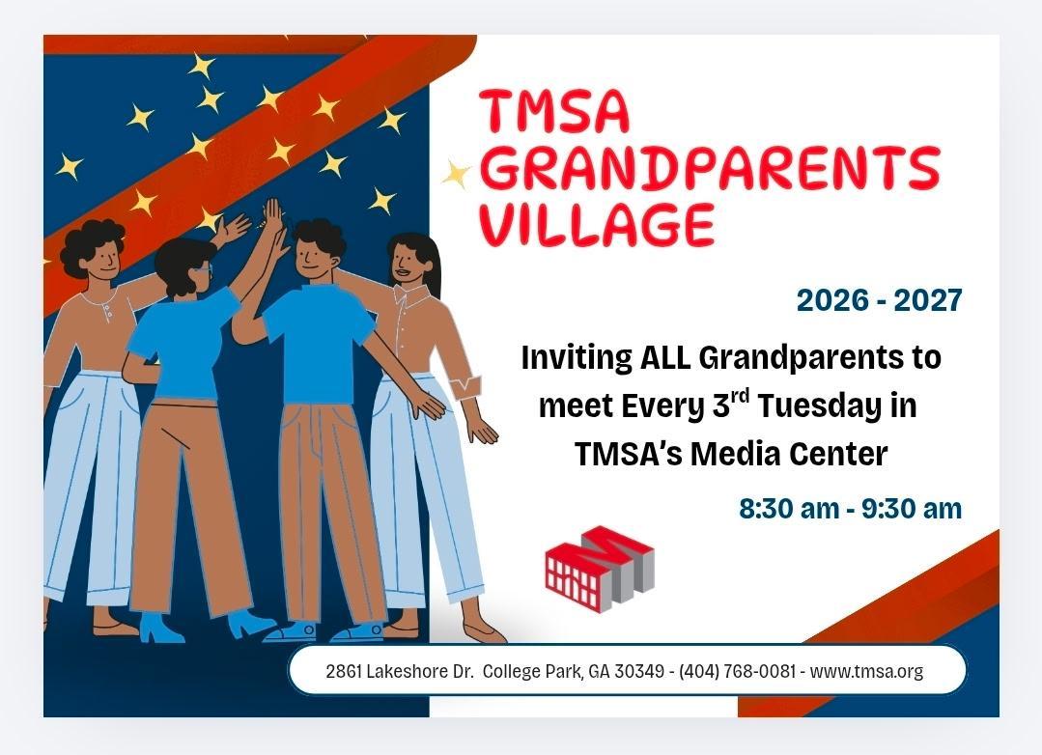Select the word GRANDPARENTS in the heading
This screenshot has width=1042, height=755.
[x=709, y=167]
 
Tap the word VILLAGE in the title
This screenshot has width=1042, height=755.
[x=596, y=225]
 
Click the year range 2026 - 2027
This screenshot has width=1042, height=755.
[x=879, y=300]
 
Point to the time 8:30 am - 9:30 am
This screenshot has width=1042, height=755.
[x=851, y=509]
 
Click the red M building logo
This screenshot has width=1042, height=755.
[x=600, y=569]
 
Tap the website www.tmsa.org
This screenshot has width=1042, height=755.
[x=866, y=671]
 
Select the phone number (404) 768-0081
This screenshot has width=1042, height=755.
[x=737, y=671]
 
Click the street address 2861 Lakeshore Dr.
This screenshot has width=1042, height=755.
[x=399, y=671]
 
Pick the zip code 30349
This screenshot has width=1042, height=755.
[x=638, y=671]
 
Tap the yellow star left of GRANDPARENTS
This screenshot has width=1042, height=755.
[x=456, y=174]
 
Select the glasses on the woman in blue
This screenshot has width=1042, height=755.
[x=206, y=269]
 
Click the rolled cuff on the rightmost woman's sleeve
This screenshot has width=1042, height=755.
[x=465, y=387]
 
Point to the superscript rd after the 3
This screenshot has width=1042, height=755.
[x=741, y=397]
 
